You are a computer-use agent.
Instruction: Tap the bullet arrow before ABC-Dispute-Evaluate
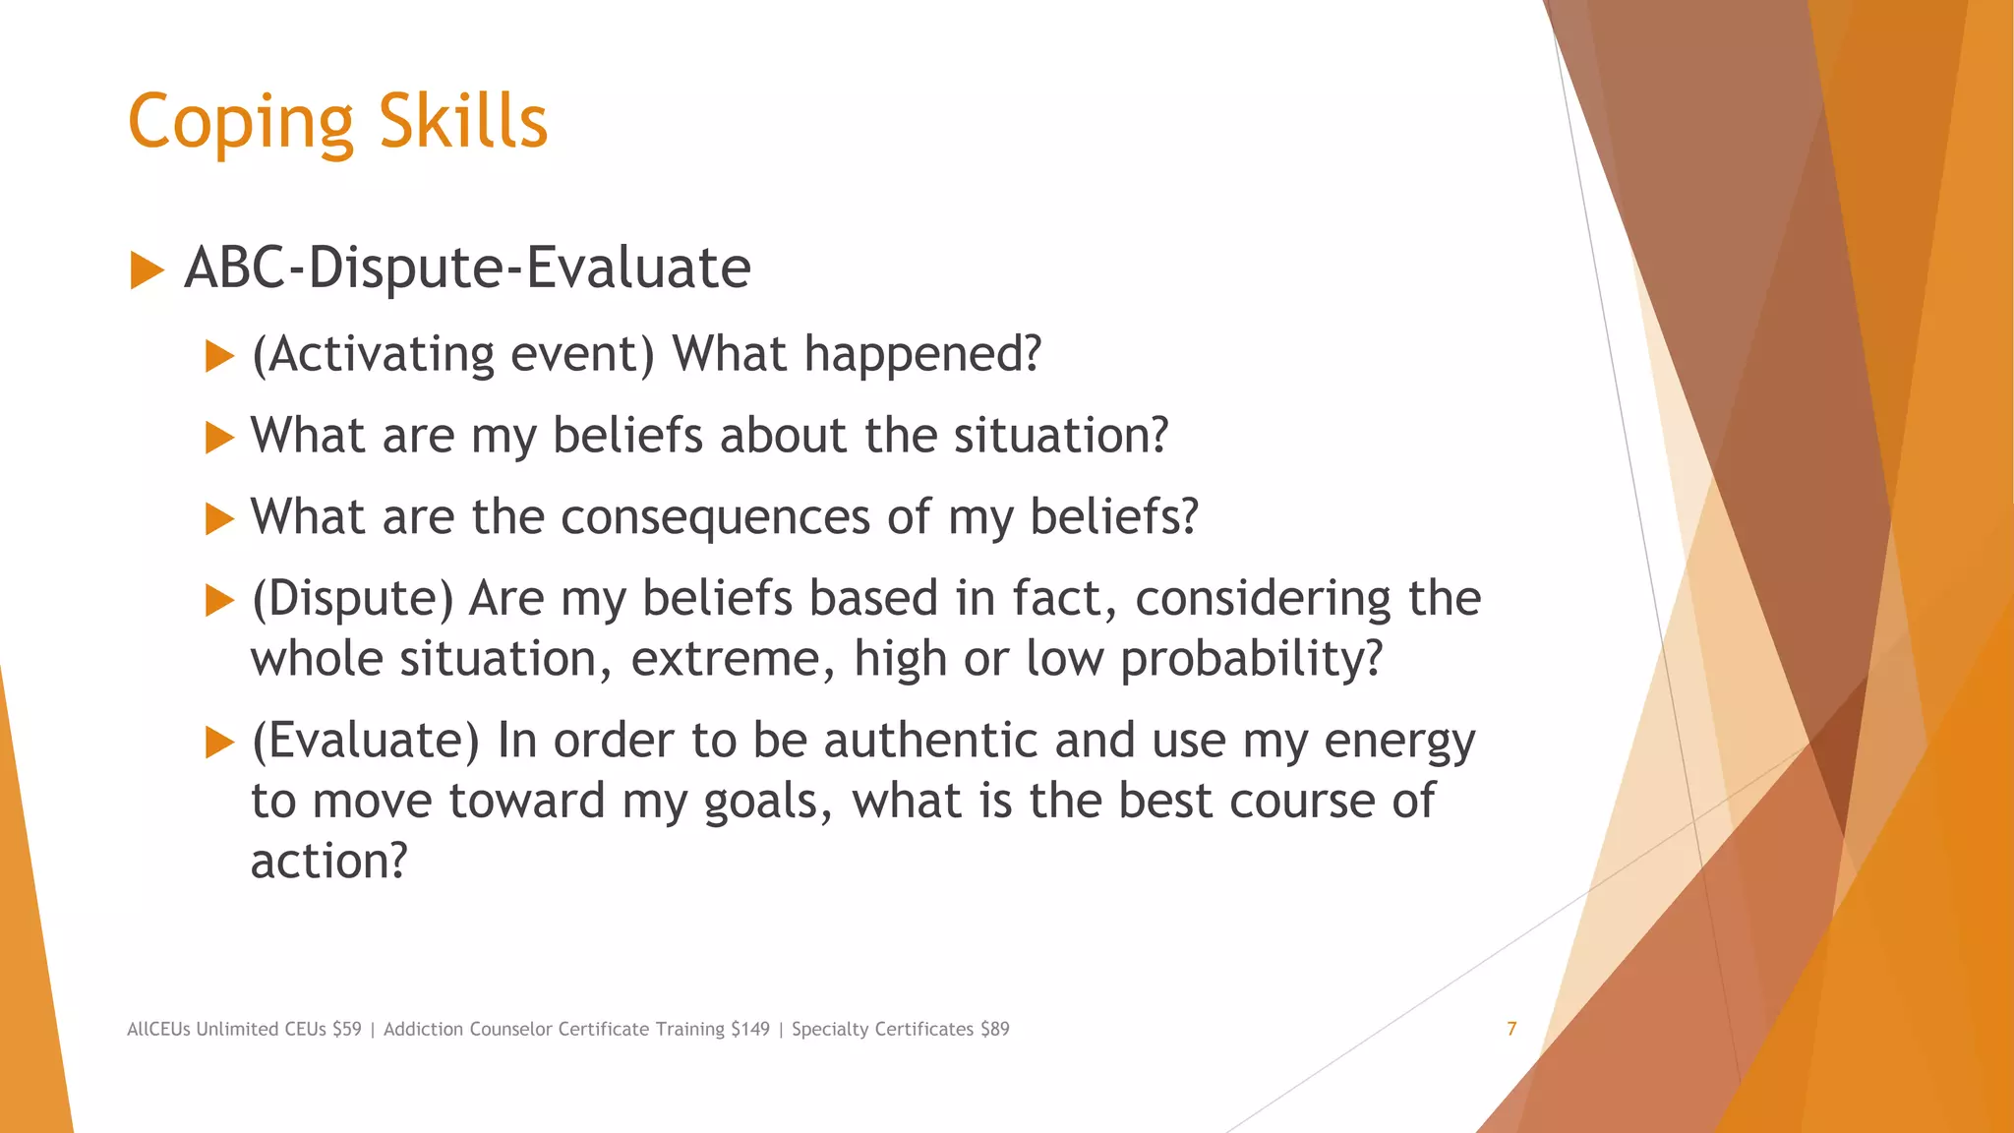(x=147, y=270)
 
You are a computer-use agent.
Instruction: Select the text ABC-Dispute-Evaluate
(x=467, y=268)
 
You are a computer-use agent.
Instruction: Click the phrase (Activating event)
(x=452, y=354)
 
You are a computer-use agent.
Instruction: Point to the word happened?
(x=921, y=354)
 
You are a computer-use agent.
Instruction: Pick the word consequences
(x=715, y=518)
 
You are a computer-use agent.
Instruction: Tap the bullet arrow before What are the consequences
(x=219, y=518)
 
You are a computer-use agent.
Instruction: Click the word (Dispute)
(x=352, y=599)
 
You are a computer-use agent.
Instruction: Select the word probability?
(x=1251, y=659)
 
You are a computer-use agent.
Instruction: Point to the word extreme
(x=732, y=659)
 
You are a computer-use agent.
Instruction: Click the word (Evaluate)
(x=365, y=741)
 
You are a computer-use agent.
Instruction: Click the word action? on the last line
(x=328, y=862)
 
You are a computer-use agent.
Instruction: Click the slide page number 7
(x=1511, y=1029)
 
